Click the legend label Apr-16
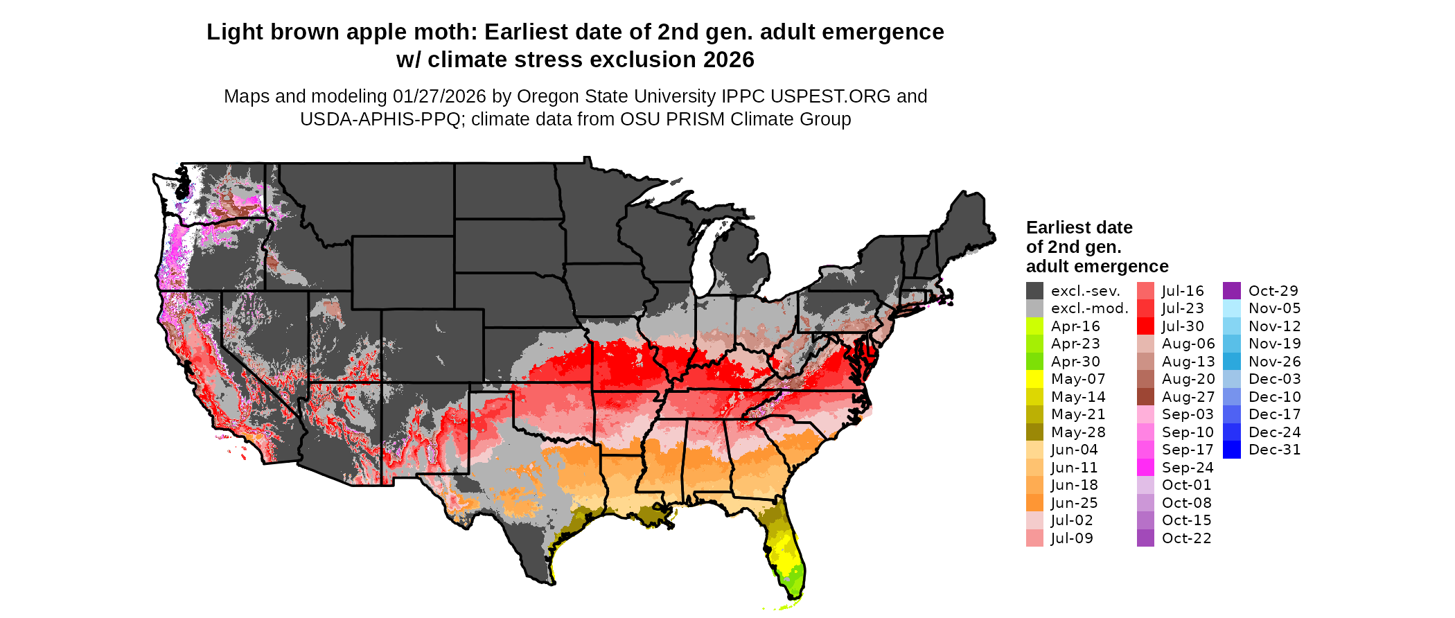coord(1075,326)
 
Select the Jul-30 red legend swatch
coord(1145,326)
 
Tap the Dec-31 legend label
coord(1274,450)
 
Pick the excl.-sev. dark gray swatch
coord(1034,291)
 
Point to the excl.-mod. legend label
coord(1089,308)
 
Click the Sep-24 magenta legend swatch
coord(1145,468)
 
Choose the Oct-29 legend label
coord(1273,291)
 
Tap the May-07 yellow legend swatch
coord(1034,379)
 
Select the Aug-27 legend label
coord(1188,397)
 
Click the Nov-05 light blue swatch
coord(1232,308)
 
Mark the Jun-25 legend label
coord(1074,503)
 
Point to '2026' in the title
coord(728,60)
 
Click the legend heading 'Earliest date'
coord(1079,227)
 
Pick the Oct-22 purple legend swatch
coord(1145,538)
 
